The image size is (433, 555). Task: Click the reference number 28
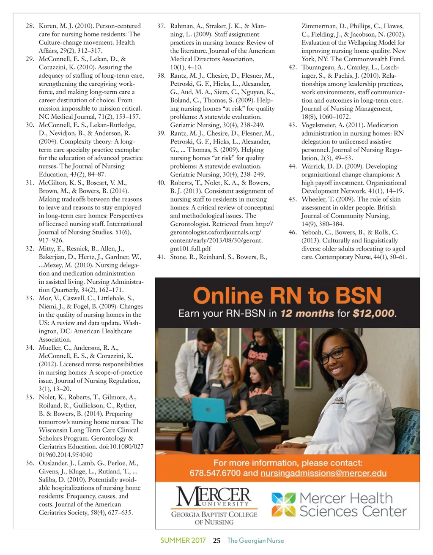pos(30,26)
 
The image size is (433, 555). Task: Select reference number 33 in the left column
pos(30,298)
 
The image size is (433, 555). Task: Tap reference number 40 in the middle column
pos(161,183)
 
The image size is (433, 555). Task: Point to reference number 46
pos(293,232)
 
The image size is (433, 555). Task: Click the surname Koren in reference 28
pos(48,26)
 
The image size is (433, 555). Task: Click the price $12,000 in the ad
pos(374,313)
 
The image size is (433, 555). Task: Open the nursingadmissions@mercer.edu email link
pos(323,473)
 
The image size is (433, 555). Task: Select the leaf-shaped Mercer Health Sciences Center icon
pos(283,505)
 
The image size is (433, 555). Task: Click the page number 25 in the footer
pos(217,541)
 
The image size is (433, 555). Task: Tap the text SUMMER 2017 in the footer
pos(183,541)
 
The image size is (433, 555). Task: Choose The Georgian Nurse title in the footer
pos(255,541)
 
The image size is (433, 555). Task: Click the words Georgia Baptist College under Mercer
pos(214,514)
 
